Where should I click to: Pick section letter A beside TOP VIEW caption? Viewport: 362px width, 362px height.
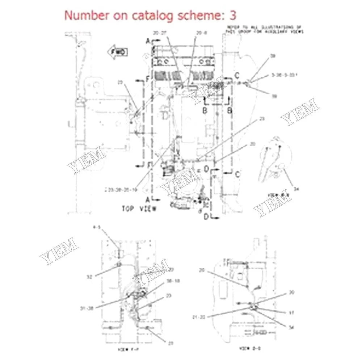148,199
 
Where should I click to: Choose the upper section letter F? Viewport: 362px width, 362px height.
147,78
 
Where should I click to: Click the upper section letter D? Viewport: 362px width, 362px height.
206,169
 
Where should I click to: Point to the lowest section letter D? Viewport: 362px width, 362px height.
206,217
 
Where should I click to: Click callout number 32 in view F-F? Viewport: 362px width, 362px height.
89,277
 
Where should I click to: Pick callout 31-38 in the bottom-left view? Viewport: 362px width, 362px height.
87,308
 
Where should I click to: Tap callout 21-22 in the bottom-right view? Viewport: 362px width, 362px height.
199,317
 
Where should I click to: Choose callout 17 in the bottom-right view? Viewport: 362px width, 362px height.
291,312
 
